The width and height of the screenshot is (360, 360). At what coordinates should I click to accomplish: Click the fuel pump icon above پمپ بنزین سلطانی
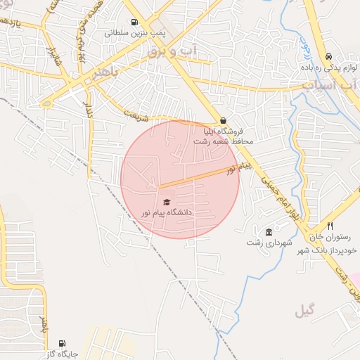134,22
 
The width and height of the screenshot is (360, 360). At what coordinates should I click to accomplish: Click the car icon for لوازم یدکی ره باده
329,57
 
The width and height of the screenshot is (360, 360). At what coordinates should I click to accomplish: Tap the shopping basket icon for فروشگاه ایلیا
223,120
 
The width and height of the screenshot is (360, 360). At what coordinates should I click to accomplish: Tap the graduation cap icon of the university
166,202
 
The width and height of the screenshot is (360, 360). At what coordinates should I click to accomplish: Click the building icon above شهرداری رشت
269,232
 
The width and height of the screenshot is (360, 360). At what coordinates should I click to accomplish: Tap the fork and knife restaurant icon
330,227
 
